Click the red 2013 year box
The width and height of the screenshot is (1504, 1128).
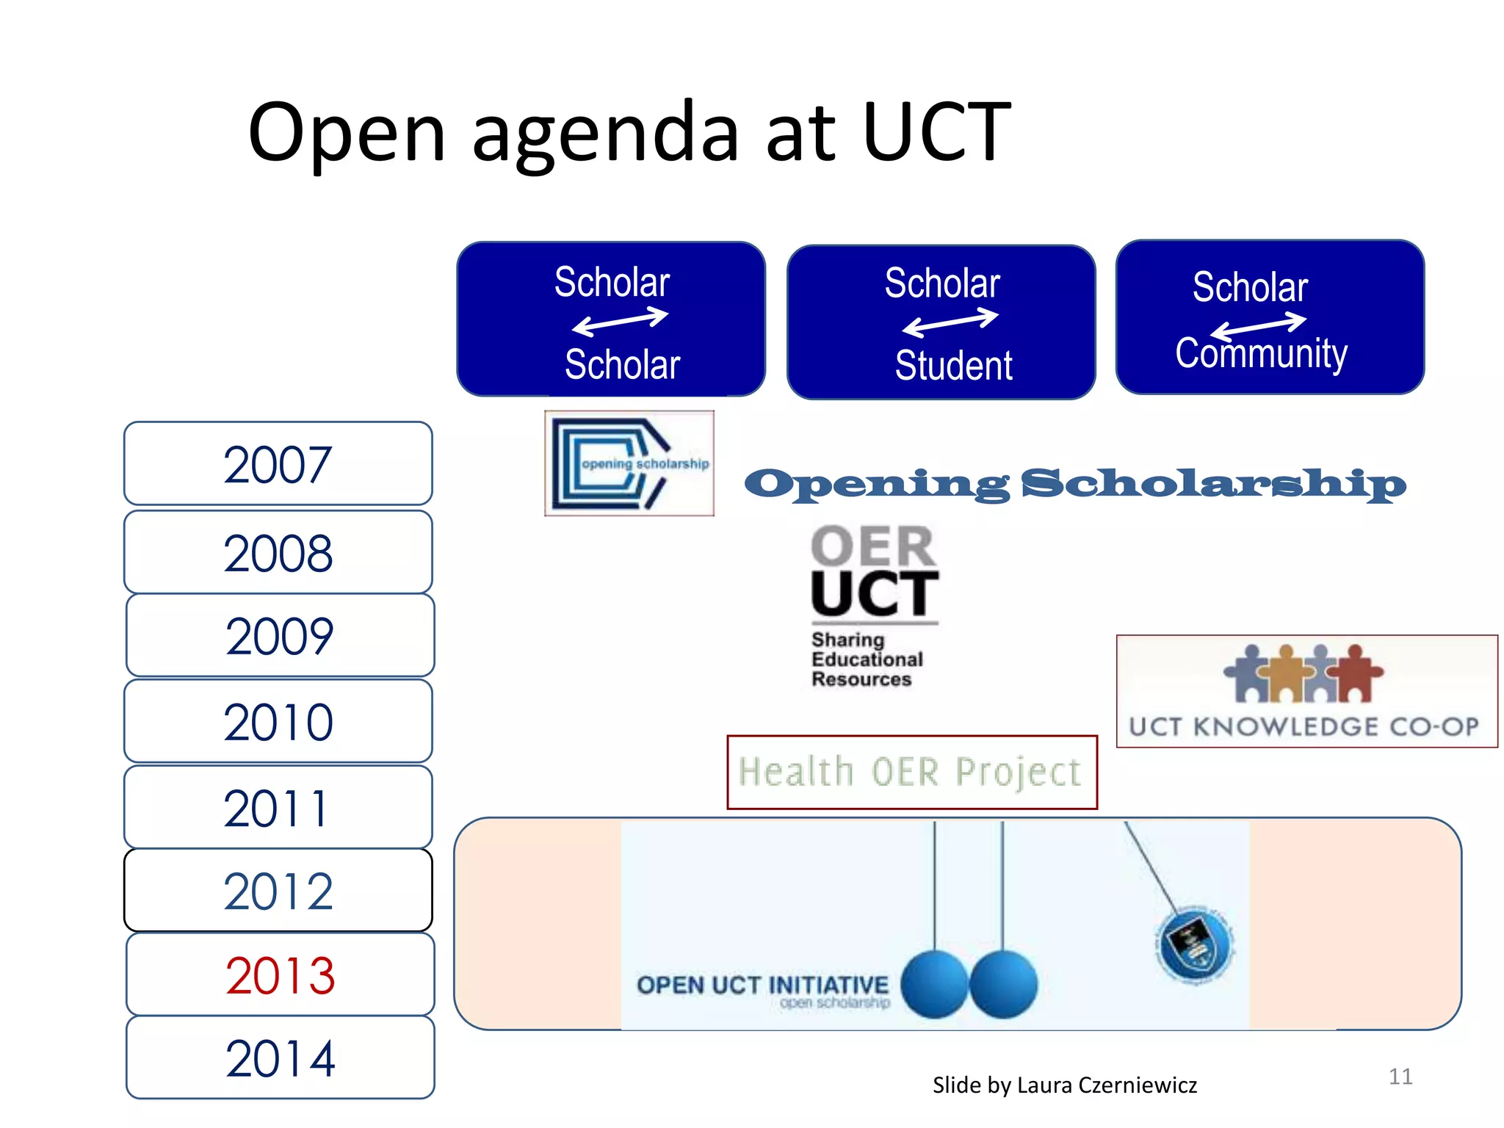280,975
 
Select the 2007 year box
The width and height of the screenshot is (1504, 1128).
278,464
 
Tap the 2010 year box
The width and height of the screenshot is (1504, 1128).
278,722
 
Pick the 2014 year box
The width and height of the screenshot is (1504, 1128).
280,1058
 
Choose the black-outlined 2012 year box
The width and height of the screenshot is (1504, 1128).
278,891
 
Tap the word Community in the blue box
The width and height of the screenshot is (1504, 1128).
1261,354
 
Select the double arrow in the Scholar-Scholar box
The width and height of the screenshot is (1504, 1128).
620,322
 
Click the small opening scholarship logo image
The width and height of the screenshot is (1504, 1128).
629,463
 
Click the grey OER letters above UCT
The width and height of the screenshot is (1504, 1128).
872,546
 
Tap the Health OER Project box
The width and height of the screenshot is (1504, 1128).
911,773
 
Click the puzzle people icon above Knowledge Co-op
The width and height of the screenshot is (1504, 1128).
1302,673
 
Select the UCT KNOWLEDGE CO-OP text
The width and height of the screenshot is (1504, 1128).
1304,727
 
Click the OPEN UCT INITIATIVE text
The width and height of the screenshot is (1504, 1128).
762,985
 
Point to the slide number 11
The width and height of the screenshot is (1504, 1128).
1400,1077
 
